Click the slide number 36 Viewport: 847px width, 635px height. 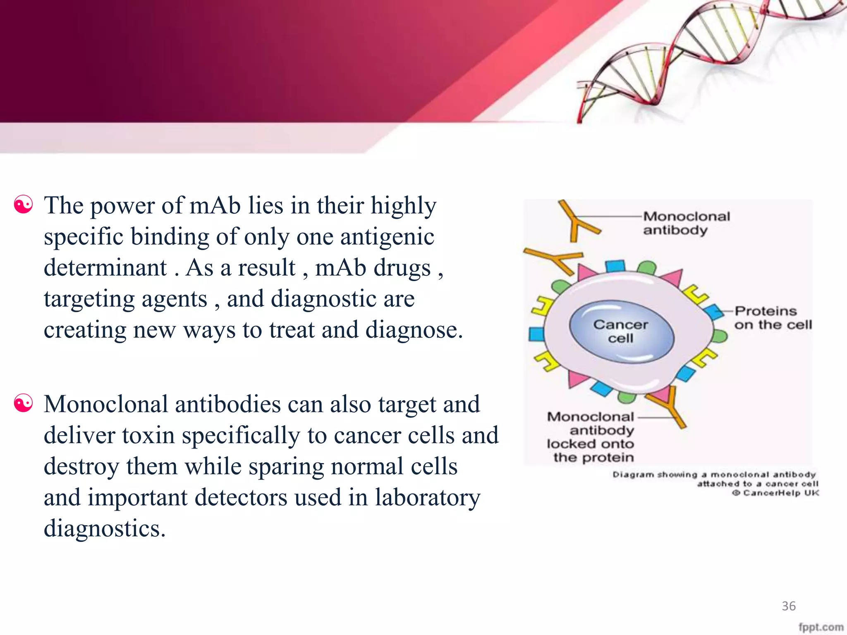click(x=788, y=606)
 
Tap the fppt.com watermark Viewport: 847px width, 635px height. click(x=821, y=627)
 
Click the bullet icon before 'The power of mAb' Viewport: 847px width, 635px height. click(x=23, y=205)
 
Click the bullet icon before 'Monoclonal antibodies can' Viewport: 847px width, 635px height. click(x=23, y=403)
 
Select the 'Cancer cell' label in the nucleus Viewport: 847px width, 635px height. click(x=620, y=331)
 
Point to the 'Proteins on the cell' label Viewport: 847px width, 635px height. click(x=773, y=317)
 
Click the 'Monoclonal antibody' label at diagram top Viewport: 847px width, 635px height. click(x=686, y=223)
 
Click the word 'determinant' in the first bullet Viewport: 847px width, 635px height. click(x=105, y=267)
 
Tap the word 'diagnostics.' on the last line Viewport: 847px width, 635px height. click(x=104, y=528)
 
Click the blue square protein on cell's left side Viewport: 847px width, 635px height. click(x=536, y=334)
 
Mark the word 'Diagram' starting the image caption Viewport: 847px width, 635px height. click(x=633, y=475)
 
